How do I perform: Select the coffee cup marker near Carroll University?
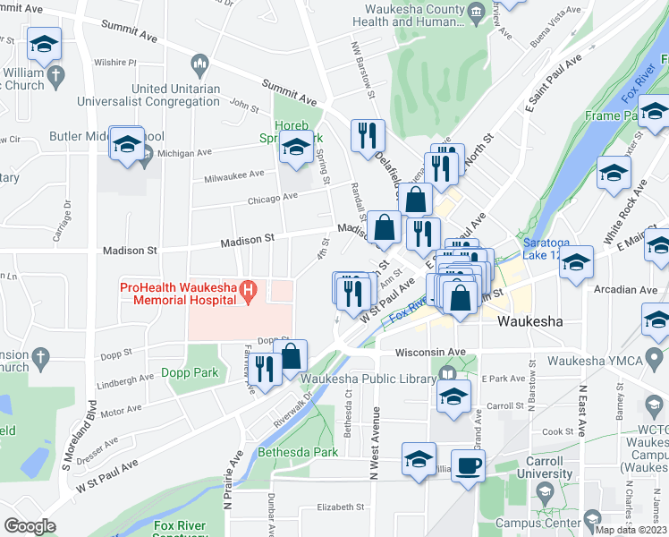tap(468, 467)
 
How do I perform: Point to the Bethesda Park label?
tap(298, 452)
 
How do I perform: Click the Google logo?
tap(30, 525)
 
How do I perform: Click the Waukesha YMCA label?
tap(591, 362)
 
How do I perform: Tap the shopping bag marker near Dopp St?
tap(291, 356)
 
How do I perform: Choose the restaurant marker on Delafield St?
tap(368, 136)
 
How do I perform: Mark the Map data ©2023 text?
tap(631, 529)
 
